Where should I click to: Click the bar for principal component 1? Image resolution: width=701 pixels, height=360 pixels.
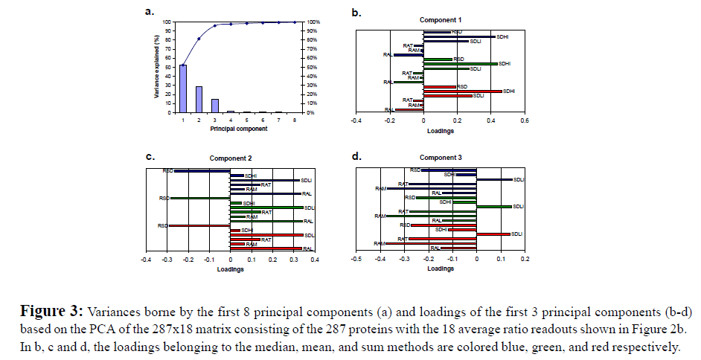[183, 89]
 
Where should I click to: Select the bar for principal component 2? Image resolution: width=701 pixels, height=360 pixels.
[199, 99]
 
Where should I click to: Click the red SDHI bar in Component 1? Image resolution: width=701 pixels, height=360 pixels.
[462, 91]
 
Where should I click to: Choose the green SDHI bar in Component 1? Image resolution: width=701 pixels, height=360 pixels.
[460, 64]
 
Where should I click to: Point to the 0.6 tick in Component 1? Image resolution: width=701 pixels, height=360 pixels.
[524, 119]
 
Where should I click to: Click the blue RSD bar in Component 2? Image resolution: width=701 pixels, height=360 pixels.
[202, 171]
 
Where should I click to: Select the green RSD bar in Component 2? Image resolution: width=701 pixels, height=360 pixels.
[199, 199]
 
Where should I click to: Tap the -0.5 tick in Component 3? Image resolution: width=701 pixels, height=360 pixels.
[356, 260]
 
